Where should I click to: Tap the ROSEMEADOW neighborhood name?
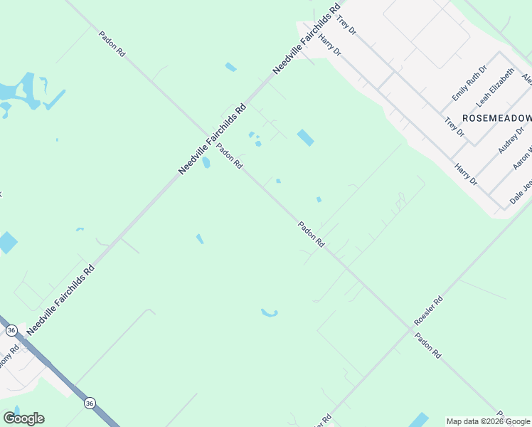(x=496, y=117)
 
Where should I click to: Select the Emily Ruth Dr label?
(x=469, y=83)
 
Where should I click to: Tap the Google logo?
(x=23, y=418)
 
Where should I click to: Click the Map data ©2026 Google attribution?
(x=488, y=421)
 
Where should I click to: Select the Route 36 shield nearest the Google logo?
(x=89, y=404)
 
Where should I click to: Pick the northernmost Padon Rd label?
(x=112, y=43)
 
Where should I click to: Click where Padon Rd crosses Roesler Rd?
(x=413, y=327)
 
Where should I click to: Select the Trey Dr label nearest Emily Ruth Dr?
(x=454, y=127)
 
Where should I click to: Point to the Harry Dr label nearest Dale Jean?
(x=466, y=175)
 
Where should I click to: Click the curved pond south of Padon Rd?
(x=269, y=312)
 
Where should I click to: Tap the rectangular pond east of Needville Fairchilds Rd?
(x=305, y=137)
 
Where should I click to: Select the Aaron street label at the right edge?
(x=522, y=158)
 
